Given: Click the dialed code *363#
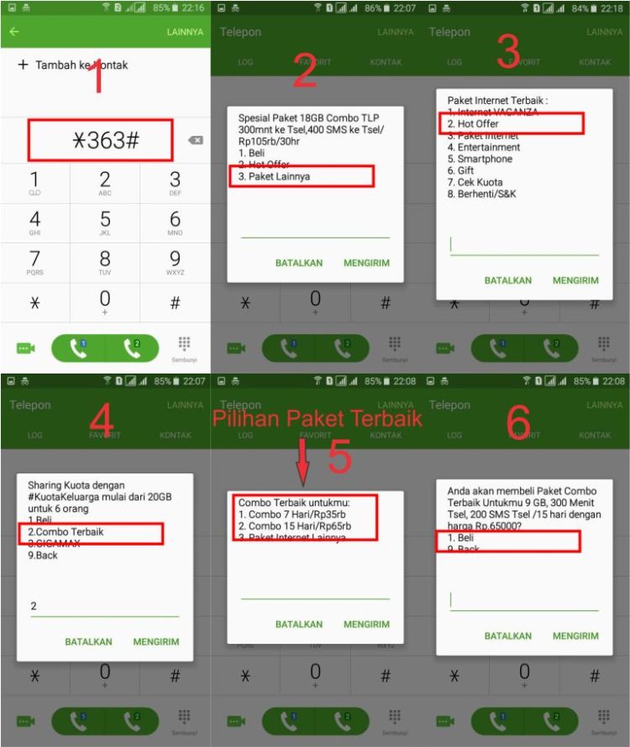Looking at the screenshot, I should coord(101,141).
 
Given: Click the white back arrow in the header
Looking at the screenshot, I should coord(14,32).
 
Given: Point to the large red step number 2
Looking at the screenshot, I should coord(304,72).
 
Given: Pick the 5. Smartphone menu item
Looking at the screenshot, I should coord(480,159).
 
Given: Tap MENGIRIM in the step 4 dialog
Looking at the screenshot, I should coord(156,642).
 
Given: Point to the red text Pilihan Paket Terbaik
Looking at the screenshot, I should coord(317,418).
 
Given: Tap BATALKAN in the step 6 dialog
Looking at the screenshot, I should coord(508,636).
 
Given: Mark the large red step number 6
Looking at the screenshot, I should coord(519,425).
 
